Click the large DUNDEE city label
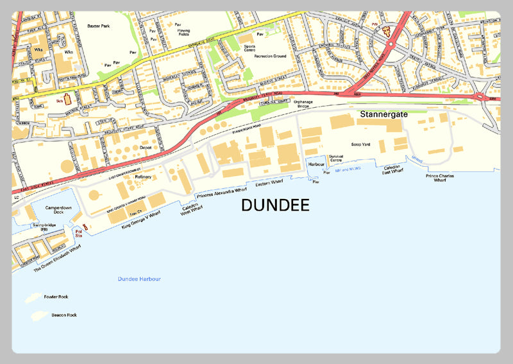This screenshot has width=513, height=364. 275,205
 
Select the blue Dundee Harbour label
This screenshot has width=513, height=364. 139,279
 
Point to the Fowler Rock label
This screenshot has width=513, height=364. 56,297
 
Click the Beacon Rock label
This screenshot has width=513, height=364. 64,315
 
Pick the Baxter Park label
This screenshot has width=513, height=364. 99,26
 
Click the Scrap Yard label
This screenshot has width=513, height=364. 361,144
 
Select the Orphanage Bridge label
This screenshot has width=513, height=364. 306,103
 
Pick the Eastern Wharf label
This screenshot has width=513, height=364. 269,184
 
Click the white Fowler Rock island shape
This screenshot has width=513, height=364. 32,299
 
